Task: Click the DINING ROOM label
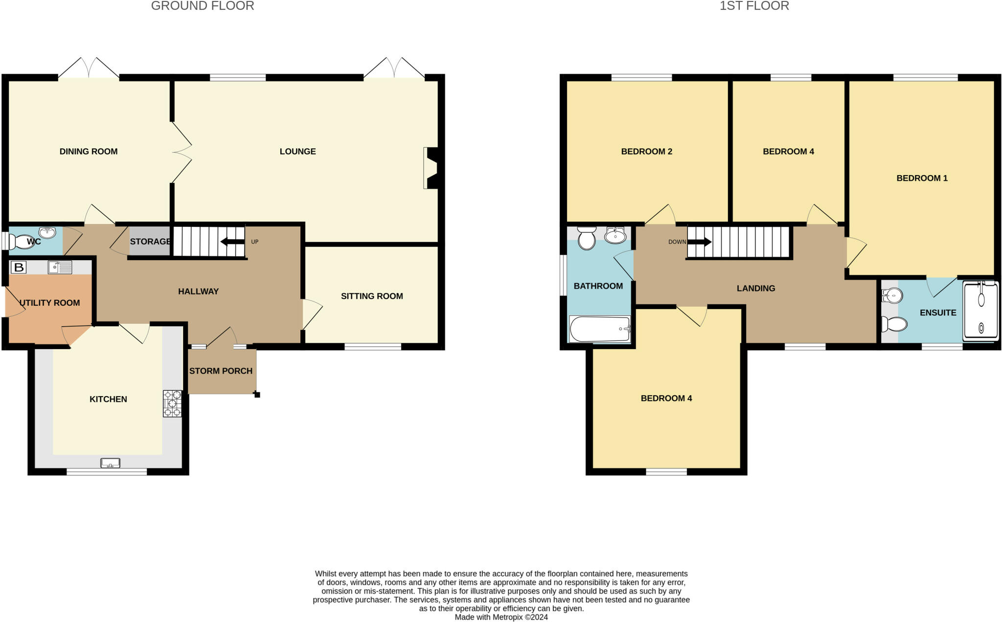pyautogui.click(x=89, y=152)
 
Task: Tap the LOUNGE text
pyautogui.click(x=297, y=152)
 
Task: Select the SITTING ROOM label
pyautogui.click(x=372, y=296)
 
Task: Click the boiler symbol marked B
pyautogui.click(x=19, y=267)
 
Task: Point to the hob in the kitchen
pyautogui.click(x=172, y=403)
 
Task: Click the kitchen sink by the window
pyautogui.click(x=110, y=463)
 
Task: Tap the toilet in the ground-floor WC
pyautogui.click(x=23, y=242)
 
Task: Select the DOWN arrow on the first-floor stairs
pyautogui.click(x=699, y=242)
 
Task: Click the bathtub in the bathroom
pyautogui.click(x=600, y=329)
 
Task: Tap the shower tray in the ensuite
pyautogui.click(x=980, y=311)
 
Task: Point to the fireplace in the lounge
pyautogui.click(x=432, y=168)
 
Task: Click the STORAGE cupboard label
pyautogui.click(x=150, y=242)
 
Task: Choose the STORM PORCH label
pyautogui.click(x=221, y=371)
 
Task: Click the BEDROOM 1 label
pyautogui.click(x=922, y=178)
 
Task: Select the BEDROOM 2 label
pyautogui.click(x=646, y=152)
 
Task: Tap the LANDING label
pyautogui.click(x=756, y=289)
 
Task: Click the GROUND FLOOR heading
pyautogui.click(x=203, y=6)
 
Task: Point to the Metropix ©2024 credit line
pyautogui.click(x=501, y=617)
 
